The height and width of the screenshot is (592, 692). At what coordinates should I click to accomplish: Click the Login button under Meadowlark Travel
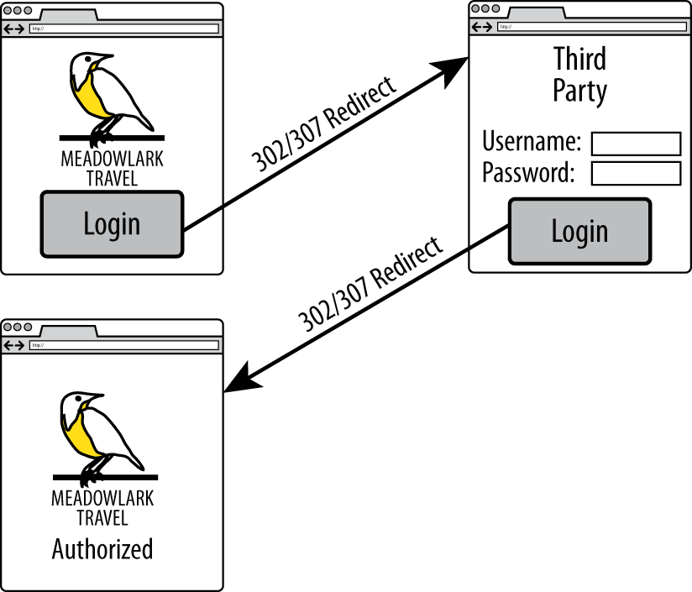[x=112, y=224]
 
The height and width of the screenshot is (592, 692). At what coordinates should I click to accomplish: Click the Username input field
[x=636, y=144]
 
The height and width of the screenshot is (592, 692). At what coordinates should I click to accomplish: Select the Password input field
[x=636, y=174]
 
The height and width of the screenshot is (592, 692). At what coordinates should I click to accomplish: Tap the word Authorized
[x=102, y=549]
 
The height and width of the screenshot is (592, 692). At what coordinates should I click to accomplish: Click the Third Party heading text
[x=579, y=74]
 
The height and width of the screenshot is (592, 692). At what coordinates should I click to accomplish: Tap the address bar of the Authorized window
[x=123, y=345]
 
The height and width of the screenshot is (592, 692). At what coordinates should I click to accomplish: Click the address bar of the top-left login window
[x=123, y=29]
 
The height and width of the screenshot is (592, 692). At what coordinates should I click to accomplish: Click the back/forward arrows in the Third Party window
[x=482, y=27]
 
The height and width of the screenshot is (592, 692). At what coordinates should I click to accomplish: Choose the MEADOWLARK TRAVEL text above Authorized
[x=102, y=507]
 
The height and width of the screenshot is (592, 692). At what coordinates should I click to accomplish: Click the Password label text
[x=528, y=173]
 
